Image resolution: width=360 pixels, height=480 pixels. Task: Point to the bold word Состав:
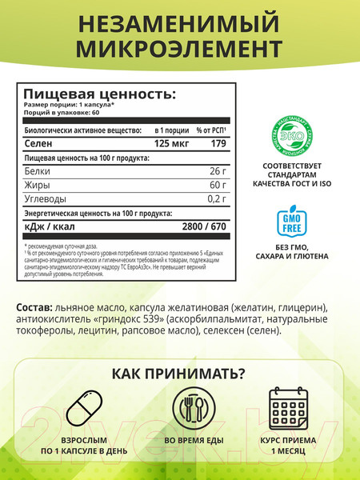[x=34, y=309]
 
